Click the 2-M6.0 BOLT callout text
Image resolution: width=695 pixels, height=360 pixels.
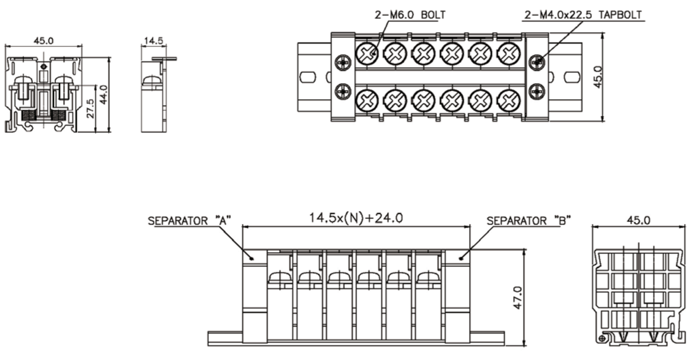(x=410, y=15)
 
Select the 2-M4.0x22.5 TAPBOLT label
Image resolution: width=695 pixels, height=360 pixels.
(x=583, y=15)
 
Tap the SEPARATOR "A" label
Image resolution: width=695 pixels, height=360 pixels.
(x=189, y=220)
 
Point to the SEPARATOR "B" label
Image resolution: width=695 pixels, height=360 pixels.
(x=529, y=220)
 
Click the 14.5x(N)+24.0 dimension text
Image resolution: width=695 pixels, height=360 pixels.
(x=356, y=218)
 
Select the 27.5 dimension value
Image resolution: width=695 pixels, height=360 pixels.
(x=90, y=109)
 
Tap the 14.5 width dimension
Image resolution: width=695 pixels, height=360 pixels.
(x=154, y=41)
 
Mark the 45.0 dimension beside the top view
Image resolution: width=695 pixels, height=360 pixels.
(x=597, y=77)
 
